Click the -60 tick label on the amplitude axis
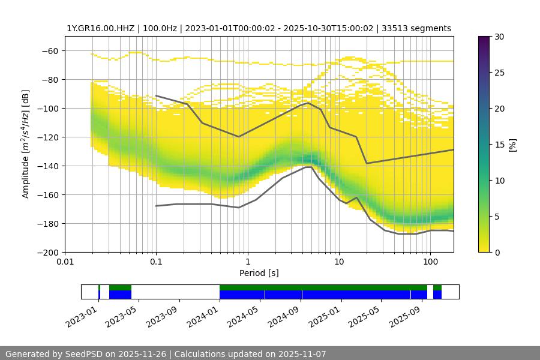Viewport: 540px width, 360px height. [x=50, y=50]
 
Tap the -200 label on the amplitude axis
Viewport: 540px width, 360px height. [x=48, y=252]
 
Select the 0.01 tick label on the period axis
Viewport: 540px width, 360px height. [x=65, y=262]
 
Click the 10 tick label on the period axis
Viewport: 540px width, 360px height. [x=339, y=262]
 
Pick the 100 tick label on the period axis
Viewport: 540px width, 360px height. [x=430, y=262]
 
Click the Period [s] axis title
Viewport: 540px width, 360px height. [x=259, y=273]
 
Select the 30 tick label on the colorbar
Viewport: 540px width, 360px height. [x=499, y=37]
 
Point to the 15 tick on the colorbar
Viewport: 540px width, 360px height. [x=499, y=145]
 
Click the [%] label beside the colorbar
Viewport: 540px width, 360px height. [x=512, y=145]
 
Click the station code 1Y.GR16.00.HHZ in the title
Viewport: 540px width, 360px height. [x=100, y=28]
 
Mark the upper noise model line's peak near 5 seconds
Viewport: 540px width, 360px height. [x=308, y=103]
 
